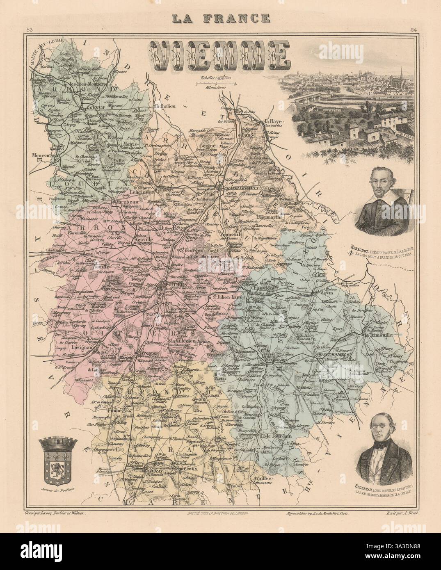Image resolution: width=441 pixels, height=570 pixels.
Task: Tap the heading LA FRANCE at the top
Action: tap(220, 18)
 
